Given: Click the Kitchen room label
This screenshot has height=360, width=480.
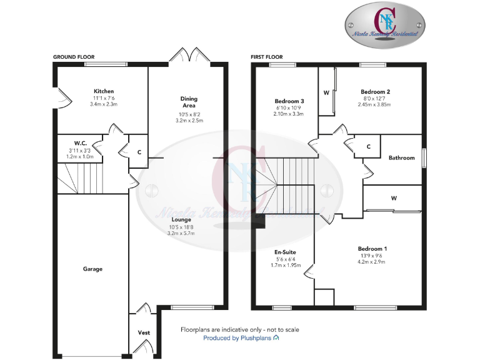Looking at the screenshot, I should [x=104, y=91].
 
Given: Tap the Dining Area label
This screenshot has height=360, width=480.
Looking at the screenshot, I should [x=189, y=102].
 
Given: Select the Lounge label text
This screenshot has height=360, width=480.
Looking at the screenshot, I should [x=181, y=219].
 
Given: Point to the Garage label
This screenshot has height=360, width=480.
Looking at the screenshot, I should [x=92, y=269].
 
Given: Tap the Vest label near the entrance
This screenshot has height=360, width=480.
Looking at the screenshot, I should [x=143, y=332].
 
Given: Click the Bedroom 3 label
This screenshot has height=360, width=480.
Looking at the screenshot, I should [x=289, y=101].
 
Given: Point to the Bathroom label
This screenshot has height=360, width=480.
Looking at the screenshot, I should [x=401, y=157].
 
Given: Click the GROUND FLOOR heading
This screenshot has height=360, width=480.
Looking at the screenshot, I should [x=73, y=57].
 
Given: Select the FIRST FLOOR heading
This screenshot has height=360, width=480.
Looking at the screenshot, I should [x=267, y=57].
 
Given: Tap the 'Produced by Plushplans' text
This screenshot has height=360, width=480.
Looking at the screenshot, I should [x=241, y=338].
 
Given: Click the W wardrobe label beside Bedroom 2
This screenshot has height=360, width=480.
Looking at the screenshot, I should [x=326, y=92].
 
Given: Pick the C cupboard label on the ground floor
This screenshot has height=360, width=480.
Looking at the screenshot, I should [x=139, y=151].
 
